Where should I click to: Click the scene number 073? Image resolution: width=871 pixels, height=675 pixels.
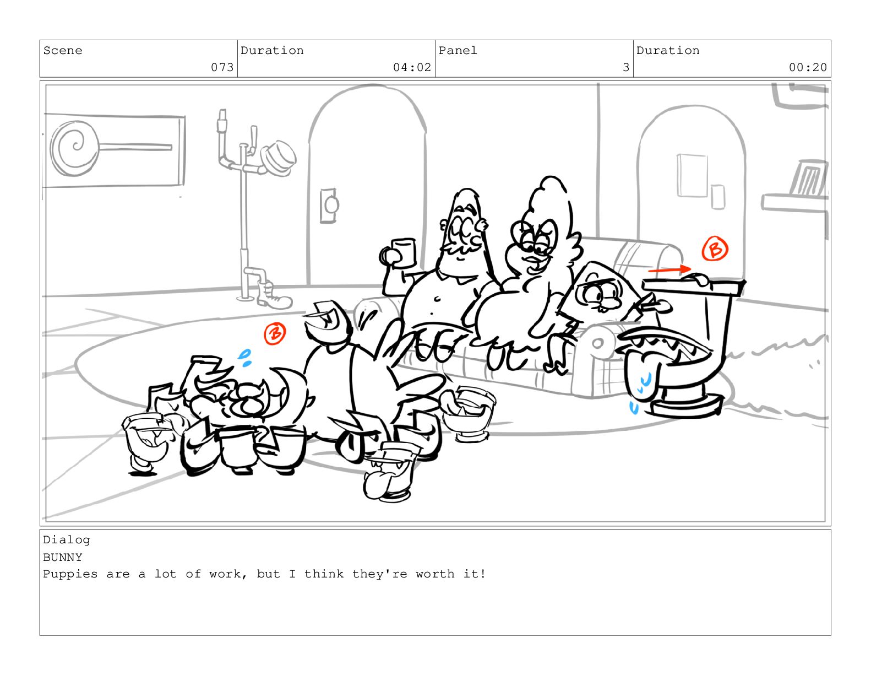click(222, 67)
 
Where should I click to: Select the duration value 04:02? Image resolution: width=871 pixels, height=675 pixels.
click(412, 67)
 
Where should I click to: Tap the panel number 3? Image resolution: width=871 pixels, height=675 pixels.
click(625, 67)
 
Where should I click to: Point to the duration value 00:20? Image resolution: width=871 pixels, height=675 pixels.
click(808, 67)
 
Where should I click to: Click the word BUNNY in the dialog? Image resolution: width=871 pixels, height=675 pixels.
click(63, 557)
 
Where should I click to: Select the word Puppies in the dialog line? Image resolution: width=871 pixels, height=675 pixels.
click(70, 574)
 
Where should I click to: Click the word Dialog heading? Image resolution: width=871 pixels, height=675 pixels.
click(67, 540)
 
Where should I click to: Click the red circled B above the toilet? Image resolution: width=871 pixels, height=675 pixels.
click(715, 249)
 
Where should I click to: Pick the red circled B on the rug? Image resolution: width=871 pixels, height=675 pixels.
click(275, 333)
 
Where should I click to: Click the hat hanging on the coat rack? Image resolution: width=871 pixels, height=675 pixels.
click(278, 158)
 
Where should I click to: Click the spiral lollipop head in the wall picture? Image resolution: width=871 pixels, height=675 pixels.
click(74, 148)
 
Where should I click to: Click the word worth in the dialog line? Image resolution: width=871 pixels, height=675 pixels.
click(435, 574)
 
